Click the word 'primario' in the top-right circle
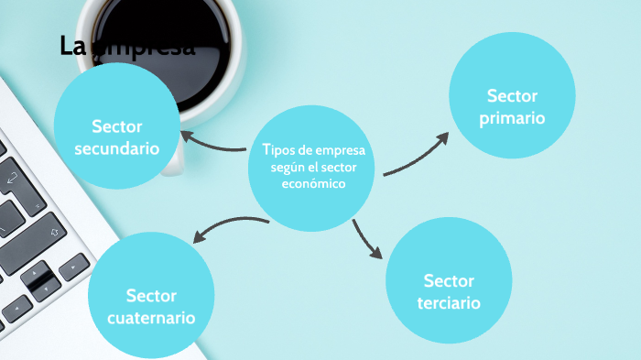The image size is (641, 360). (512, 118)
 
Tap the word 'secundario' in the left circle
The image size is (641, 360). (116, 148)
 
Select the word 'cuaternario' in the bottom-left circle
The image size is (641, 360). (151, 319)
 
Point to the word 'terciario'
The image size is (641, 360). (449, 303)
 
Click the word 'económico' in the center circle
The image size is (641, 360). (314, 183)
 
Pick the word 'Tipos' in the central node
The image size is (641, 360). (278, 151)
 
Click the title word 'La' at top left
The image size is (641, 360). (71, 46)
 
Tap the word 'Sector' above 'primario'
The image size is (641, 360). (512, 95)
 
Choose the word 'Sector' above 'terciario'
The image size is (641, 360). (449, 280)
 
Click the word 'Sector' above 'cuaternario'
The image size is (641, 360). (151, 296)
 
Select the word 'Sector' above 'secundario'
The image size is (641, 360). (116, 126)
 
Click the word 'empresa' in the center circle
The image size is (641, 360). (338, 151)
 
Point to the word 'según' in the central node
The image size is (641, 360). (288, 168)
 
